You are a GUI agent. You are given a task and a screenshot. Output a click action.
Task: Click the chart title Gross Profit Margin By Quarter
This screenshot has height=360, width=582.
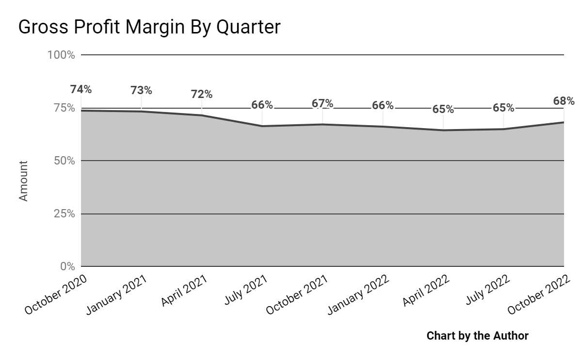click(x=149, y=27)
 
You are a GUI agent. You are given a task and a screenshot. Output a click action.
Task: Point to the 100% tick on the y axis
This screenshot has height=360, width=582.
click(x=61, y=55)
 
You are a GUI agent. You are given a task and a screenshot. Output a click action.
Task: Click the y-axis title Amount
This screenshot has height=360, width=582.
click(x=23, y=181)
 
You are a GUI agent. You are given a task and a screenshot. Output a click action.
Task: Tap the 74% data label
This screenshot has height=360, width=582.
click(x=81, y=89)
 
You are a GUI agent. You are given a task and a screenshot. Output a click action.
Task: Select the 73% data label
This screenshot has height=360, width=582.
click(x=141, y=90)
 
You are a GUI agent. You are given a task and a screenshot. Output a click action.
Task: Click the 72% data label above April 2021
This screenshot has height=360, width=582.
click(x=201, y=94)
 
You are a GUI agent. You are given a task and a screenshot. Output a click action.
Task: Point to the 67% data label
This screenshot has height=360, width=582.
click(x=323, y=103)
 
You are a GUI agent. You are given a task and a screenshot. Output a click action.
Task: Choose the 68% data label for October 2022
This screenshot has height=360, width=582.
click(x=564, y=101)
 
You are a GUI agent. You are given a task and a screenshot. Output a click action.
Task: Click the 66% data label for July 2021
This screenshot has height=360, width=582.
click(x=262, y=105)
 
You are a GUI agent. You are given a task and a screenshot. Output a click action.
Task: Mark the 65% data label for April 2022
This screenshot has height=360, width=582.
click(x=443, y=109)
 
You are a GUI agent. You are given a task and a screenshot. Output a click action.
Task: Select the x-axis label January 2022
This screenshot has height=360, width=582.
click(x=358, y=295)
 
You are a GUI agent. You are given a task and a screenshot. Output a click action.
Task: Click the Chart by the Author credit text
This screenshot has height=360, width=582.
click(x=477, y=335)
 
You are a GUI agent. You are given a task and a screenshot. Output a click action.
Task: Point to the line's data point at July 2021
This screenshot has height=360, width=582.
click(x=262, y=126)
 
